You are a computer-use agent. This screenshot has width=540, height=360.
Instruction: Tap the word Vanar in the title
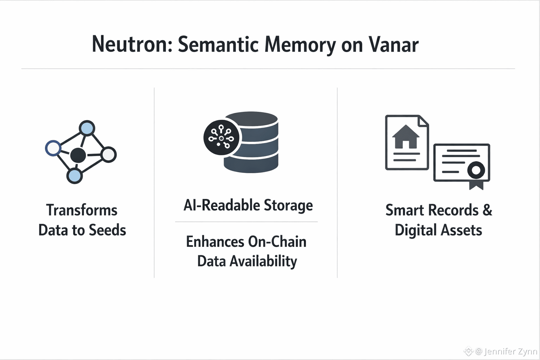click(x=393, y=45)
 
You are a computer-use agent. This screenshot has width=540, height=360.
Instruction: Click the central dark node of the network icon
click(x=78, y=155)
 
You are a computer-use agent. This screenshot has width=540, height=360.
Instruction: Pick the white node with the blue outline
click(x=53, y=148)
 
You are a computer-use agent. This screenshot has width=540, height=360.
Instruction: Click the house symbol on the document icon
click(x=406, y=137)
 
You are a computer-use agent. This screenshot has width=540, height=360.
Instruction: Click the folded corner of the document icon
click(x=423, y=121)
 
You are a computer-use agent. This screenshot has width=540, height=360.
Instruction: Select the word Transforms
click(x=82, y=210)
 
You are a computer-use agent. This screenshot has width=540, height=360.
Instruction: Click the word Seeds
click(x=107, y=230)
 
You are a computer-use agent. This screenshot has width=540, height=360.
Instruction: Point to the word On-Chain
click(x=277, y=242)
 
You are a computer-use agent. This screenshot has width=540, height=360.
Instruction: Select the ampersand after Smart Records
click(x=487, y=210)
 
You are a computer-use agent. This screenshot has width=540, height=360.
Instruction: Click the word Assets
click(x=461, y=230)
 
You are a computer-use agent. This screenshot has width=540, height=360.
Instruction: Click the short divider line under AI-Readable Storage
click(x=246, y=222)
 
